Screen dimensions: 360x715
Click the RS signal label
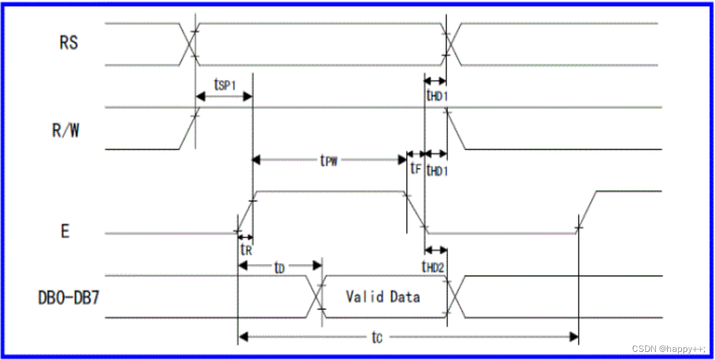pyautogui.click(x=68, y=43)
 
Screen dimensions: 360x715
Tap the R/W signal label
pyautogui.click(x=65, y=130)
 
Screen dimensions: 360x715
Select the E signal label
pyautogui.click(x=65, y=231)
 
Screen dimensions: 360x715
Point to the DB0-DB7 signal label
pyautogui.click(x=68, y=297)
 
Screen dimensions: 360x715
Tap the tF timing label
pyautogui.click(x=415, y=169)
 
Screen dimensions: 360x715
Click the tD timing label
pyautogui.click(x=278, y=268)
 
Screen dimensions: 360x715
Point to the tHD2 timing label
pyautogui.click(x=433, y=268)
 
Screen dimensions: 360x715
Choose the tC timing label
pyautogui.click(x=377, y=336)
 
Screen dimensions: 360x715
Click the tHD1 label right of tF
pyautogui.click(x=437, y=171)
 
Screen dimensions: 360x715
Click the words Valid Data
pyautogui.click(x=383, y=297)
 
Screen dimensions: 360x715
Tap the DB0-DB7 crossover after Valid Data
pyautogui.click(x=453, y=297)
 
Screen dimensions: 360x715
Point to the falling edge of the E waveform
pyautogui.click(x=415, y=212)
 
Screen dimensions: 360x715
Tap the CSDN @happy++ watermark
pyautogui.click(x=668, y=349)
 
